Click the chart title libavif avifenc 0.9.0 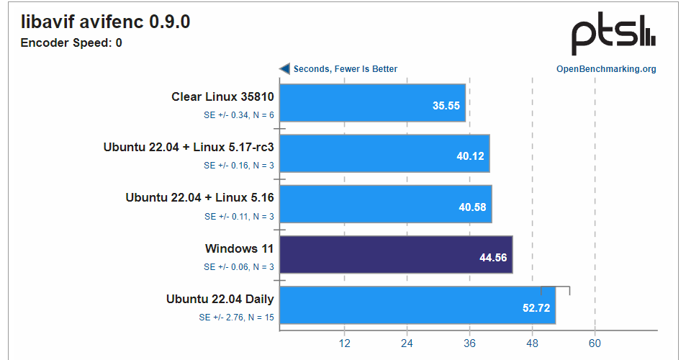106,23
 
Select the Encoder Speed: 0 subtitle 71,43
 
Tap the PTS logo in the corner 613,36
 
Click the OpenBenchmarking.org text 606,69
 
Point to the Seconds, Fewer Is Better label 346,69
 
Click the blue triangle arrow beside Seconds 285,69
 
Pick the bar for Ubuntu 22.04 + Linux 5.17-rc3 384,153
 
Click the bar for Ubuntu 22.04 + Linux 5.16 385,204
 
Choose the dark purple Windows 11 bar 395,255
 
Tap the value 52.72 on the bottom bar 536,308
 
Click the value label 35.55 446,105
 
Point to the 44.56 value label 494,257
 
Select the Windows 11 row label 240,249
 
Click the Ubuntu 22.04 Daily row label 220,300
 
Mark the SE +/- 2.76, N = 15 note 236,317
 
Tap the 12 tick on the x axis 344,343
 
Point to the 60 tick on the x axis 595,343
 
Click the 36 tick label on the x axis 469,343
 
